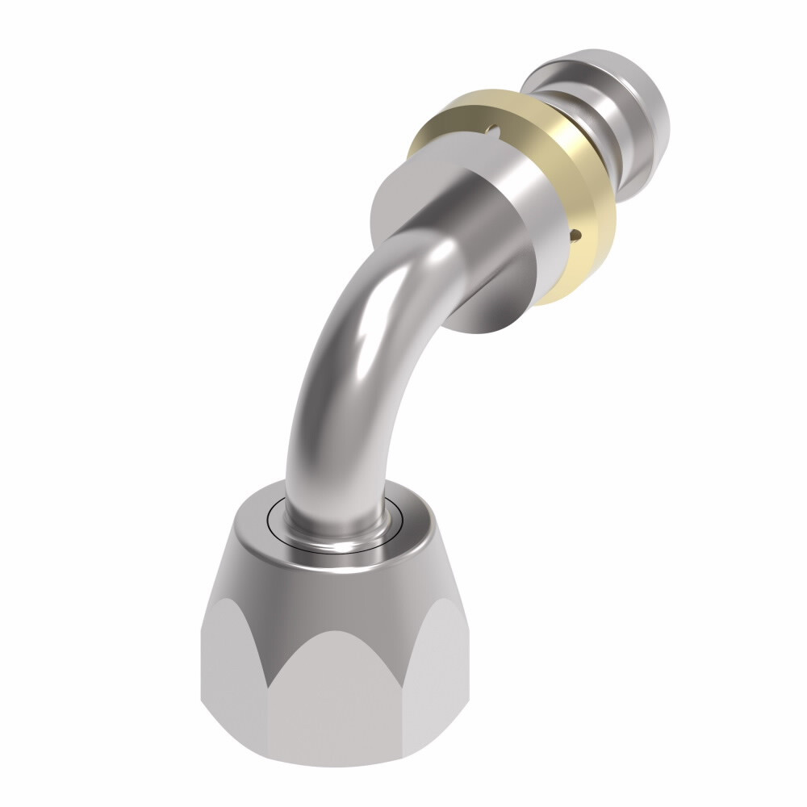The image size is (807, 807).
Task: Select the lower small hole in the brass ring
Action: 575,235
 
